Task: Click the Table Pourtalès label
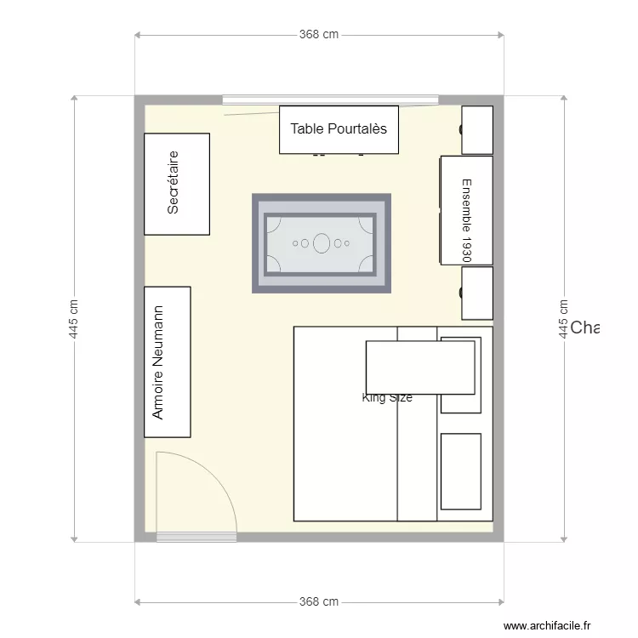point(339,128)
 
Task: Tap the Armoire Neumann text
point(157,362)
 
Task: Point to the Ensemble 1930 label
point(465,219)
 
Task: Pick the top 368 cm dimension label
point(319,35)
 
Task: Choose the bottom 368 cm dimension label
point(319,601)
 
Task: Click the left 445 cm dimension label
point(74,319)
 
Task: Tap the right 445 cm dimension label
point(563,319)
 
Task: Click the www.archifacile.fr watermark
point(547,625)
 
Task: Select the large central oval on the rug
point(322,243)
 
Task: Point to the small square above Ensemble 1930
point(477,129)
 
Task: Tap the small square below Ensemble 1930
point(477,293)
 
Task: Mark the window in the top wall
point(330,100)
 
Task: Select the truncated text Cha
point(584,328)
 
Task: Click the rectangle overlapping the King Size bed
point(419,367)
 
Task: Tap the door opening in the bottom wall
point(197,537)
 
